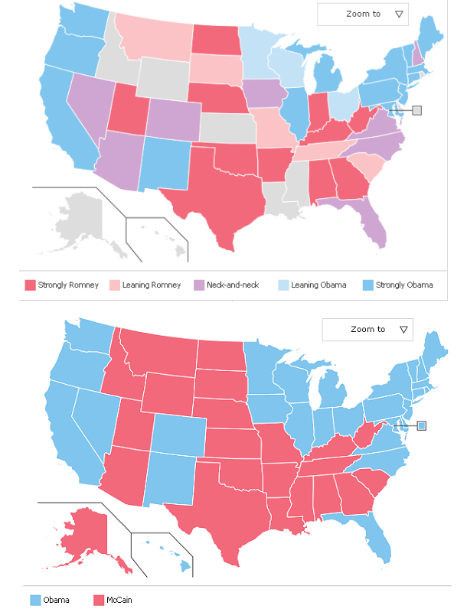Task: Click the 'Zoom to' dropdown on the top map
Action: [x=363, y=14]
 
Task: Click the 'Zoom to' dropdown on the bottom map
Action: [x=367, y=329]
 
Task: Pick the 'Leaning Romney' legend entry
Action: [x=145, y=285]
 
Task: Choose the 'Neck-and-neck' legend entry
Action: [x=227, y=285]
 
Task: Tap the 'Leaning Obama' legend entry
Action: [x=312, y=285]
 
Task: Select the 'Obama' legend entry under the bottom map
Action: [x=51, y=600]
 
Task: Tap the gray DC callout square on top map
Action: [x=416, y=110]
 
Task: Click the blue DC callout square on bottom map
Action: [x=421, y=425]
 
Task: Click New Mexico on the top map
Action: [x=165, y=164]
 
